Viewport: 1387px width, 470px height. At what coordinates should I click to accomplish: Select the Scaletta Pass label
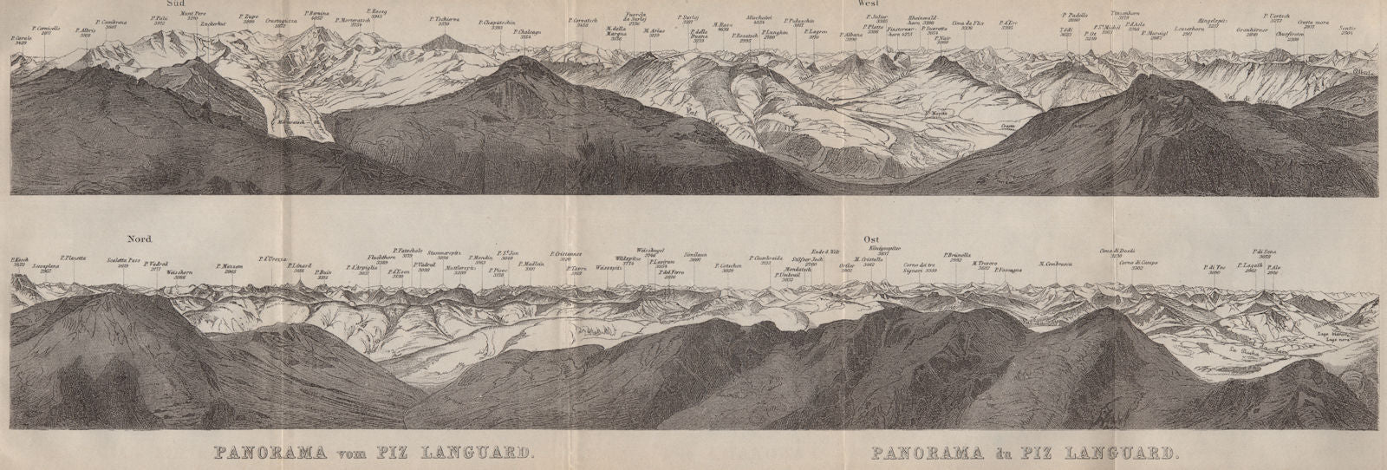[x=122, y=259]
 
